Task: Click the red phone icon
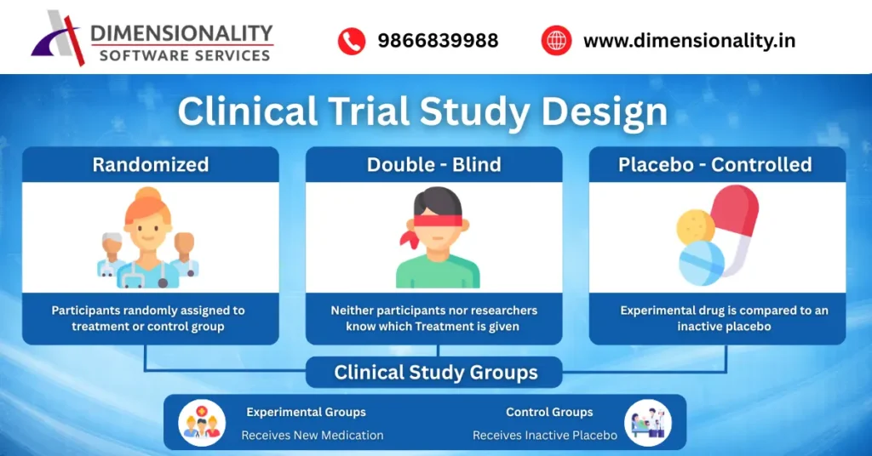(x=351, y=41)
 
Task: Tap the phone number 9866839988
(x=438, y=41)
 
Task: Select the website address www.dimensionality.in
(x=689, y=41)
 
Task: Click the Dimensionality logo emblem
(x=60, y=38)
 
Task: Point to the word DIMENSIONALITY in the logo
(x=181, y=33)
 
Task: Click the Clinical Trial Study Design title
(x=422, y=112)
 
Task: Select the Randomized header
(x=151, y=164)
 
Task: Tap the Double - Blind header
(x=434, y=164)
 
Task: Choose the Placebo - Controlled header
(x=715, y=164)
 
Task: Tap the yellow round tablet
(x=695, y=228)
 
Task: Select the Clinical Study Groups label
(x=435, y=373)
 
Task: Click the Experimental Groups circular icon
(x=203, y=423)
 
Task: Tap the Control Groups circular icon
(x=647, y=423)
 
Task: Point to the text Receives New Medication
(x=313, y=435)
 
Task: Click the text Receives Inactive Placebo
(x=545, y=435)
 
